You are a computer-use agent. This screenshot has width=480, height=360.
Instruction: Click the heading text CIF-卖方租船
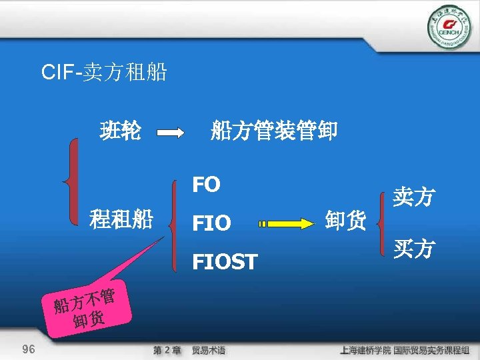[x=104, y=72]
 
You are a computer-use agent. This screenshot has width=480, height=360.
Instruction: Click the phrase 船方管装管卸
[x=274, y=131]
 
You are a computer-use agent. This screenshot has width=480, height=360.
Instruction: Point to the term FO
[x=206, y=185]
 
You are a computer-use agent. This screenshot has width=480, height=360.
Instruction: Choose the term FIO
[x=211, y=223]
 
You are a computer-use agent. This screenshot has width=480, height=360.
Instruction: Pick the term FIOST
[x=225, y=263]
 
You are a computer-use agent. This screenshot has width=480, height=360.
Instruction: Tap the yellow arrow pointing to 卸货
[x=287, y=223]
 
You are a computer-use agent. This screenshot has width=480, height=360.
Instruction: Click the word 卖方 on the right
[x=414, y=197]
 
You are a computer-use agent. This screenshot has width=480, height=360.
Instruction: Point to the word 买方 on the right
[x=414, y=249]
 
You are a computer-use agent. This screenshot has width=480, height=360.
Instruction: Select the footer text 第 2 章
[x=167, y=350]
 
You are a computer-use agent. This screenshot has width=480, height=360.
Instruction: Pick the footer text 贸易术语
[x=208, y=350]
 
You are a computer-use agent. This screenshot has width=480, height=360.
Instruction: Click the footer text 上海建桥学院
[x=364, y=350]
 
